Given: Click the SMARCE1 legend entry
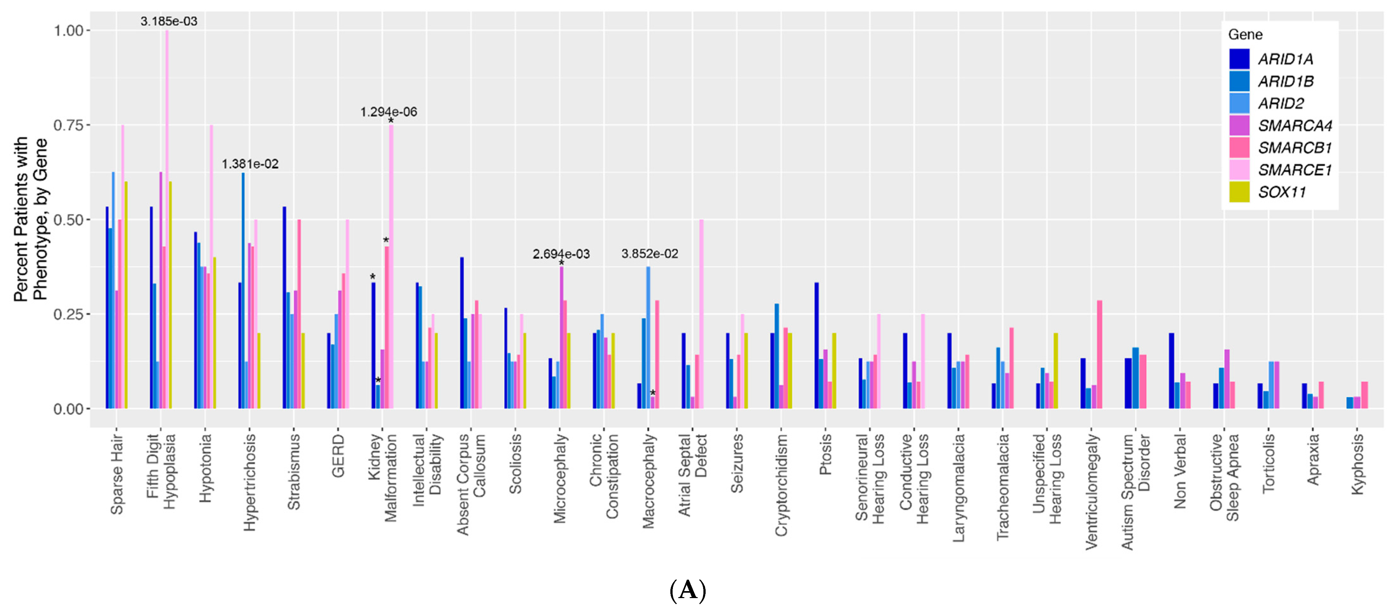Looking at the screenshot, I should point(1294,170).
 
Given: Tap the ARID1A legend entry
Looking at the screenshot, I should point(1285,59).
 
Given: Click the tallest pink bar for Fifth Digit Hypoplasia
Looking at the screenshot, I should point(167,217).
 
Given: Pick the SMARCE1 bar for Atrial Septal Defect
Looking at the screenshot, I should point(701,314).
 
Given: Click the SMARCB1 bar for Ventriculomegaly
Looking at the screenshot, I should point(1100,355).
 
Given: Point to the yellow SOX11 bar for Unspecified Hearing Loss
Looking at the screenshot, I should point(1056,371).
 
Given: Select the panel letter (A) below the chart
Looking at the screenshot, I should point(688,590).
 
